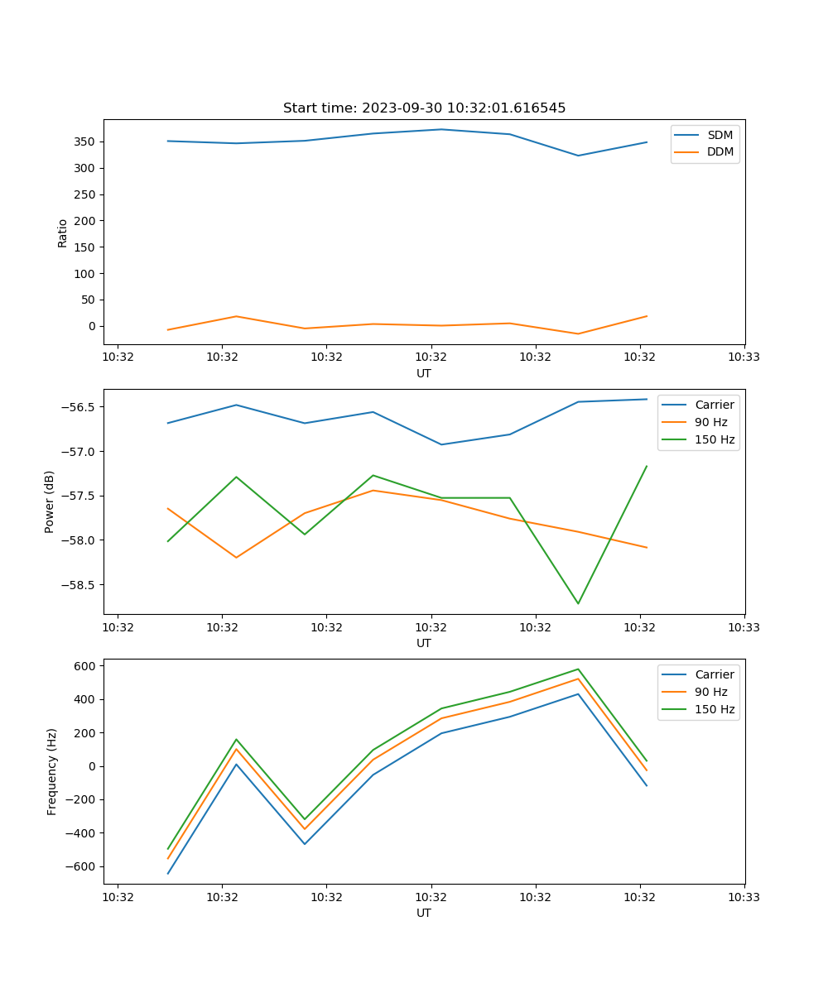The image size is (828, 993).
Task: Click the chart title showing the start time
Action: click(424, 108)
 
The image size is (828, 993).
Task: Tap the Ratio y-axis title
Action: click(63, 233)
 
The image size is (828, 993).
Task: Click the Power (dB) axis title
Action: click(50, 501)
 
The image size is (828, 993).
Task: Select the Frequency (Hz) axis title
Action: click(51, 771)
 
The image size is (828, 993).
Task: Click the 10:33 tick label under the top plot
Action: click(744, 357)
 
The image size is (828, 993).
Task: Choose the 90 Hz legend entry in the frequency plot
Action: click(711, 692)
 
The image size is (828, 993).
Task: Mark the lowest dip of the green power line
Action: click(578, 603)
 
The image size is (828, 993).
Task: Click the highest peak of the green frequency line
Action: click(578, 669)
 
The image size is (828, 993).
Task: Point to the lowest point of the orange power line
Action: click(236, 558)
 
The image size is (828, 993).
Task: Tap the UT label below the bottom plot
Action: click(424, 913)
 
